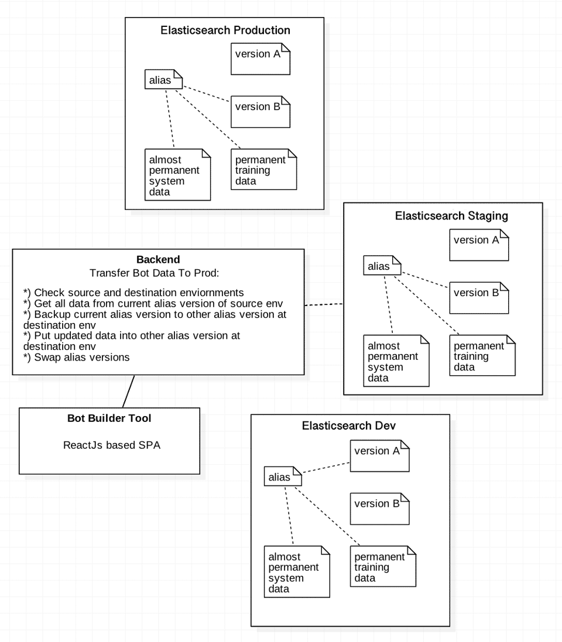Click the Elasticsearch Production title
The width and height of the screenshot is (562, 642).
tap(225, 30)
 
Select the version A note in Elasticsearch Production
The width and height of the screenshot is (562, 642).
tap(261, 59)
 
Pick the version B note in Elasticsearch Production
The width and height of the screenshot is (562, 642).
tap(261, 111)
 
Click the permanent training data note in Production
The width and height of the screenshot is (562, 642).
tap(263, 170)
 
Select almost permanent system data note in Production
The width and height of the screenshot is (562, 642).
tap(177, 175)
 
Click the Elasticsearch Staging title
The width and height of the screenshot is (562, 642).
tap(451, 216)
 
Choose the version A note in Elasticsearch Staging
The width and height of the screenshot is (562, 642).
tap(479, 245)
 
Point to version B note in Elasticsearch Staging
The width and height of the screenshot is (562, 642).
tap(479, 297)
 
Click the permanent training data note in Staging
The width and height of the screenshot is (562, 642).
tap(482, 356)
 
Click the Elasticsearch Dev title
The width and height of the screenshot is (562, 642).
tap(349, 426)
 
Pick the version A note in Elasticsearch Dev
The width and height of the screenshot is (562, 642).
tap(379, 455)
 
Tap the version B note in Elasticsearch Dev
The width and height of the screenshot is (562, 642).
tap(379, 508)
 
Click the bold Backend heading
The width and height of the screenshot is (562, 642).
tap(158, 259)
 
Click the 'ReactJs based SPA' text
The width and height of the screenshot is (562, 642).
tap(112, 445)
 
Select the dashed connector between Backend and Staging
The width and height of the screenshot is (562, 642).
tap(324, 304)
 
